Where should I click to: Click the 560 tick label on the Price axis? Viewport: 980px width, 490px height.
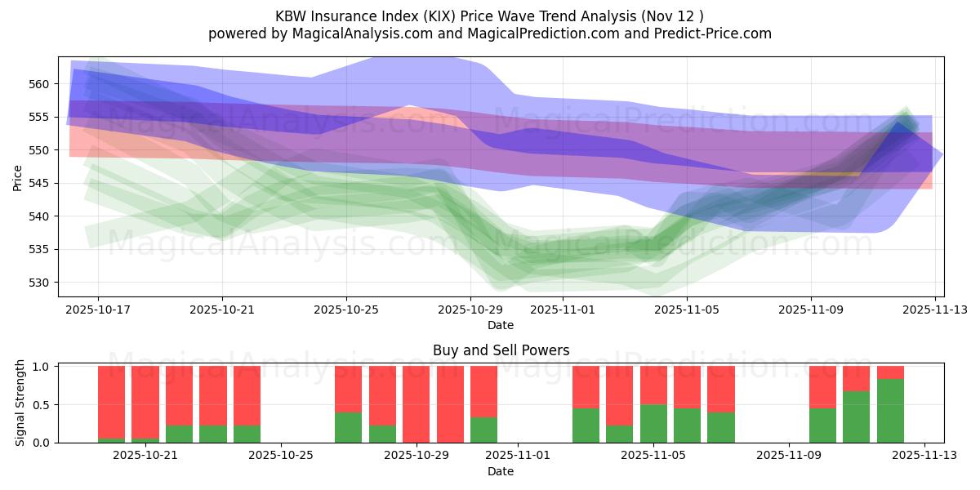(x=39, y=84)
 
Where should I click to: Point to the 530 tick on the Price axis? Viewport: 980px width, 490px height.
(x=39, y=283)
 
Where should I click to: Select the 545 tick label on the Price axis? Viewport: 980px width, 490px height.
(x=39, y=183)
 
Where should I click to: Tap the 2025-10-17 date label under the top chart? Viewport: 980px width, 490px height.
(x=98, y=310)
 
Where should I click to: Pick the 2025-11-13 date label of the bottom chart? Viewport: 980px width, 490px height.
(x=924, y=456)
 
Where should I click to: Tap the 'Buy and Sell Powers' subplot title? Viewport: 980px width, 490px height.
(x=501, y=350)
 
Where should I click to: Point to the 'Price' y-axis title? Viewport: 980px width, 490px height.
(x=18, y=178)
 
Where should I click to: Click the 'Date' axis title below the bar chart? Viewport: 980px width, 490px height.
(x=501, y=471)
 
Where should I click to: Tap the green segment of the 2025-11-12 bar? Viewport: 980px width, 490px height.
(x=890, y=411)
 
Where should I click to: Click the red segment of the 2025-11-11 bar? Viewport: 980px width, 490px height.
(x=856, y=378)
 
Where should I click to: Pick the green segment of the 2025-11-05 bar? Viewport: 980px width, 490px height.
(x=653, y=423)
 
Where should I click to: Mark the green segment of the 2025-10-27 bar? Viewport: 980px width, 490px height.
(x=348, y=427)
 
